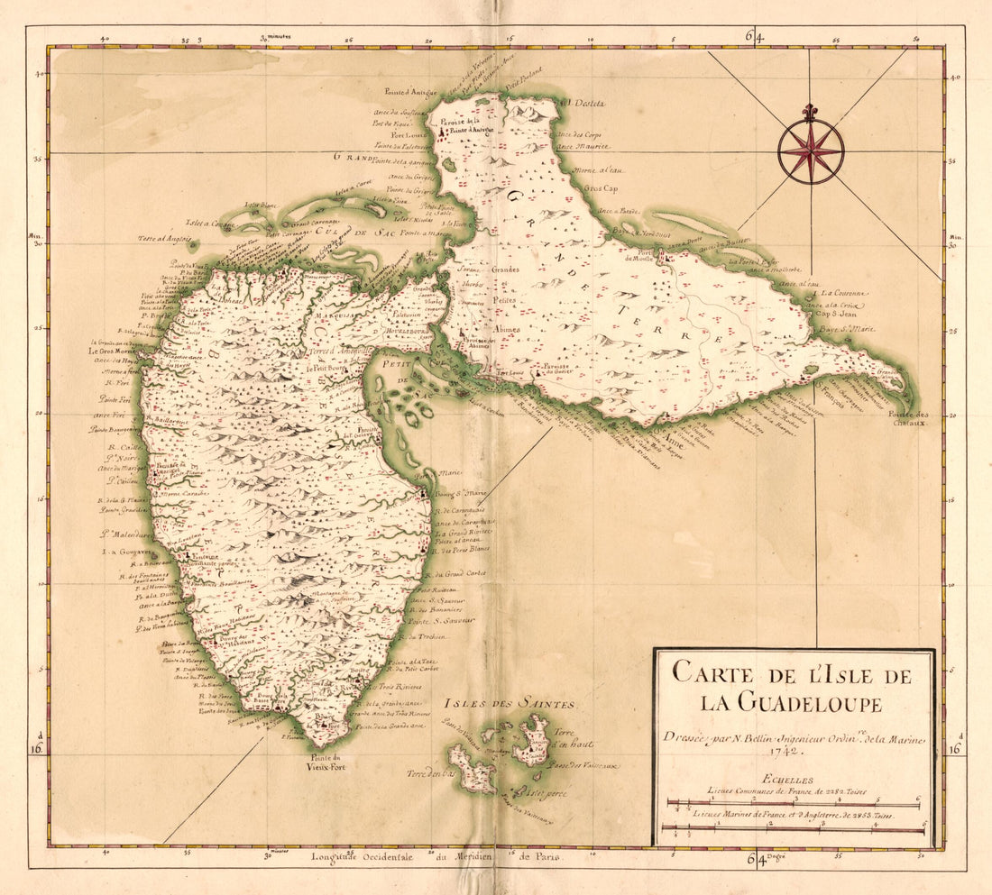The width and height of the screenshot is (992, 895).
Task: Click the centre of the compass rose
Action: coord(811,151)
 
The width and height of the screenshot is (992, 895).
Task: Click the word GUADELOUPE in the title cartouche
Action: coord(788,704)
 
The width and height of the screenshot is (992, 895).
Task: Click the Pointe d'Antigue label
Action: coord(409,92)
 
